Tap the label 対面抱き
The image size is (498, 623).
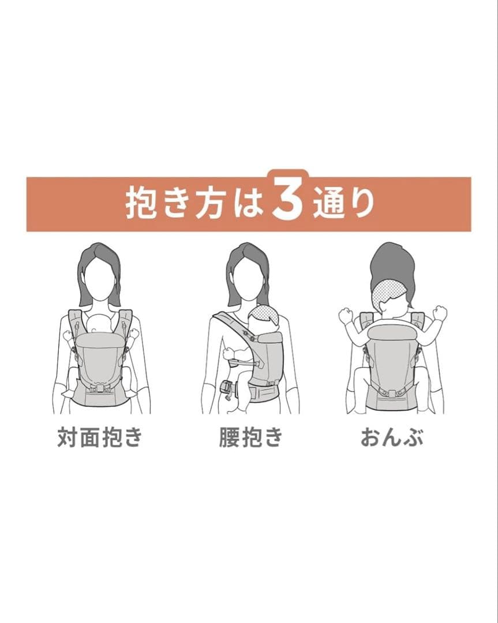click(x=99, y=438)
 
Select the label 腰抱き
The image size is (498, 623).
click(x=250, y=438)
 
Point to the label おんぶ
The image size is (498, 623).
click(x=392, y=438)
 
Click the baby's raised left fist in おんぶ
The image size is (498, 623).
click(x=345, y=315)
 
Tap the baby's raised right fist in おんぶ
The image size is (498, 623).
click(x=440, y=313)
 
